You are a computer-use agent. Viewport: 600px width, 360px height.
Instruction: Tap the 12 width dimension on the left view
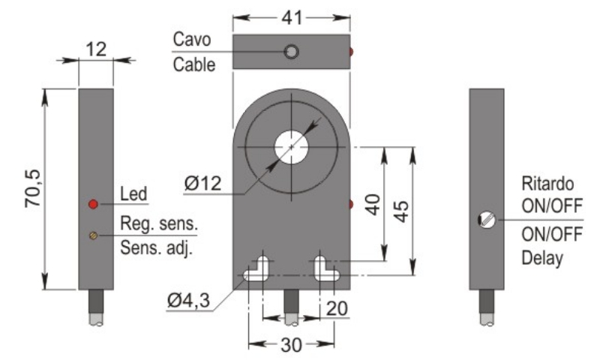coord(95,49)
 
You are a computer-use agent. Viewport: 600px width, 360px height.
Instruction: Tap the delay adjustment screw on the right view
coord(486,220)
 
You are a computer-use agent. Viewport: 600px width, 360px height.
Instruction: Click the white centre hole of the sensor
coord(291,147)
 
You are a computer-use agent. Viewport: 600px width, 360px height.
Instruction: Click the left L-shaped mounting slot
coord(258,268)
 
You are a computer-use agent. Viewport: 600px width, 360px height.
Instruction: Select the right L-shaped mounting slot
coord(324,268)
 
